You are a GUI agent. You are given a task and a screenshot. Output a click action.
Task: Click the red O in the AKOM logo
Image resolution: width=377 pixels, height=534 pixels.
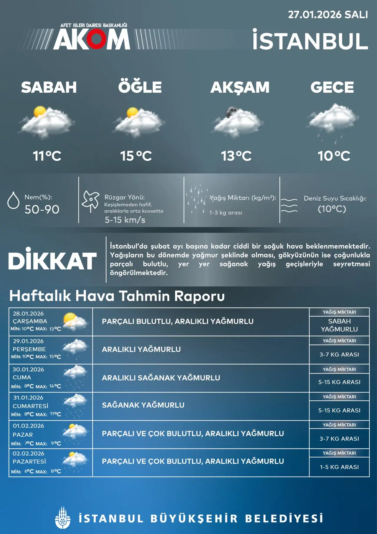(95, 39)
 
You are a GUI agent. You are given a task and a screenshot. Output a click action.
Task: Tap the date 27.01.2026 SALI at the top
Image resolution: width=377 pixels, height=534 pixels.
(328, 15)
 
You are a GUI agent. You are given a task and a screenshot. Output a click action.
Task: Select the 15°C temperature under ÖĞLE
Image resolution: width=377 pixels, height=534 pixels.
(136, 156)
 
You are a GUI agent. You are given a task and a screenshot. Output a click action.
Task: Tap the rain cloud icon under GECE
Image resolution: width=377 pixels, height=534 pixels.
(333, 121)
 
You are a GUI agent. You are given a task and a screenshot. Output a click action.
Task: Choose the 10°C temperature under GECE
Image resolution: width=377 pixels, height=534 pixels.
(334, 156)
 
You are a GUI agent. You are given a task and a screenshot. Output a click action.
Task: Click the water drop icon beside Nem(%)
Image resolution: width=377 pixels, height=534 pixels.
(13, 200)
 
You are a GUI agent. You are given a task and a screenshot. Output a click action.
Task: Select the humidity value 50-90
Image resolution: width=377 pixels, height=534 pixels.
(42, 209)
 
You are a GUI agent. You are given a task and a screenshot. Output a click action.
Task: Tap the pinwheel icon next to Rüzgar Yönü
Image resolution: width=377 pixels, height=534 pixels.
(90, 200)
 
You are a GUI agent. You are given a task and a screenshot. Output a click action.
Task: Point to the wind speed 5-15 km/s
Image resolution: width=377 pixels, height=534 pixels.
(125, 220)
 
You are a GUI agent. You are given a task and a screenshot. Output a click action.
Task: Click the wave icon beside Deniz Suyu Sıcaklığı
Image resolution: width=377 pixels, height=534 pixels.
(289, 205)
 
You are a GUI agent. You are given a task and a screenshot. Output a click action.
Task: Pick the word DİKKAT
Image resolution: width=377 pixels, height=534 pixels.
(52, 261)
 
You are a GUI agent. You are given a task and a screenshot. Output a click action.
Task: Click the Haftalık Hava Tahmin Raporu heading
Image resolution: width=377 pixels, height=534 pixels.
(117, 296)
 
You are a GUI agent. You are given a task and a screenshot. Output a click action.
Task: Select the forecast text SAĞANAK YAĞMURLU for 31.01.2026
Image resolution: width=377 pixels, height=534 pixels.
(143, 405)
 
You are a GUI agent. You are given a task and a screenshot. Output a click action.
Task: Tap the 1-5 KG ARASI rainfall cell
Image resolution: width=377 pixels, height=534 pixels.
(339, 467)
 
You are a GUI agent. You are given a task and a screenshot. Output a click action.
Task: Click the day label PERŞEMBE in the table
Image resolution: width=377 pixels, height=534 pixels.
(29, 349)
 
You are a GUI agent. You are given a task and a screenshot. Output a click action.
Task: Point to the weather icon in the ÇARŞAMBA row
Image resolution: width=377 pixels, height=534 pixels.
(75, 321)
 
